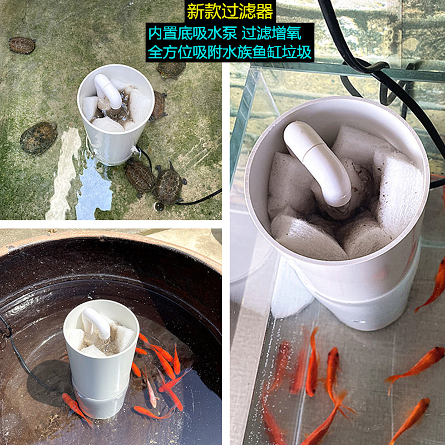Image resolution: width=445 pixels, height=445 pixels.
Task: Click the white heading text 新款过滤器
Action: pos(230,11)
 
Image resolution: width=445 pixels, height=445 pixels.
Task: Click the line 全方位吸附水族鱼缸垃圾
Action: pos(230,52)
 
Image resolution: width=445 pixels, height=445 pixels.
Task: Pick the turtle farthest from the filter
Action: pos(22,45)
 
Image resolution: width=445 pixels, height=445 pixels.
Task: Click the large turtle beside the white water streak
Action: pos(38,138)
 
